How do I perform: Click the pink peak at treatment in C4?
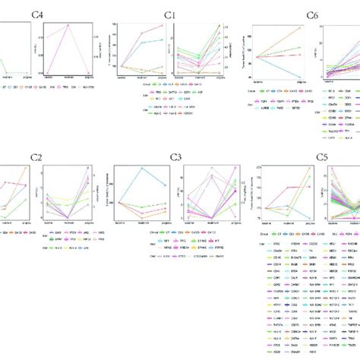69,26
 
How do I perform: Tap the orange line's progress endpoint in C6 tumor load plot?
300,28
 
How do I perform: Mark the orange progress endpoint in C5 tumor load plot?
310,167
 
